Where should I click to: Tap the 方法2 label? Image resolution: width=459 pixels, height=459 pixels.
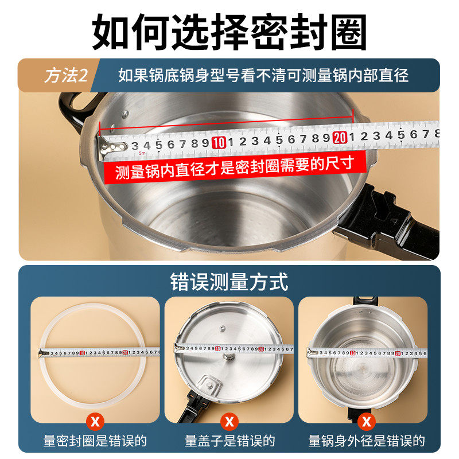coord(67,76)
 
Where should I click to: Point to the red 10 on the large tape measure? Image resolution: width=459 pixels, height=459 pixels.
coord(218,143)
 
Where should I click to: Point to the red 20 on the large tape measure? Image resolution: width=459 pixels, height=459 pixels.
coord(339,138)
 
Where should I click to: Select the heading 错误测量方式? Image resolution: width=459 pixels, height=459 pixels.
coord(229,282)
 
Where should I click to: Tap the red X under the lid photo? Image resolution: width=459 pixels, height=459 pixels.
coord(229,423)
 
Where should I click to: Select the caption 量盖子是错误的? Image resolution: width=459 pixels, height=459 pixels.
coord(229,441)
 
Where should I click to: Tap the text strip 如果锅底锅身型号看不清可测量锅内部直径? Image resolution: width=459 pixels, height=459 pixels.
coord(263,76)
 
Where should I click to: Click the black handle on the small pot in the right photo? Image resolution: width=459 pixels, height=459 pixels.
coord(364,302)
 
